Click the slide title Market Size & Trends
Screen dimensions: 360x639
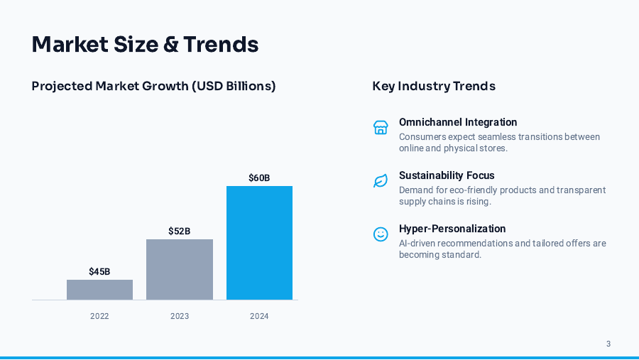point(145,44)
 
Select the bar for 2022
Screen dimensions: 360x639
point(99,290)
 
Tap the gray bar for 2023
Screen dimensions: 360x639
point(180,269)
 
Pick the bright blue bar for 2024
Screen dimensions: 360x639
point(259,243)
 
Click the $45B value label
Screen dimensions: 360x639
point(99,271)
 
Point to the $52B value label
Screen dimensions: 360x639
point(180,231)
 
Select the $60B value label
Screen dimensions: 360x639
point(259,178)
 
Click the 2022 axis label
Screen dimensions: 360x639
point(99,316)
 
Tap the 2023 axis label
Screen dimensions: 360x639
point(180,316)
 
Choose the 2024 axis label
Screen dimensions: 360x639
point(259,316)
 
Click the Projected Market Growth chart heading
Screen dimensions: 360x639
point(153,86)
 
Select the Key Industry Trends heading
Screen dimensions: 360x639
point(434,86)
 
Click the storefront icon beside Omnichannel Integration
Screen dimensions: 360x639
point(381,127)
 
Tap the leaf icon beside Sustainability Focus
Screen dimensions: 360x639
point(381,181)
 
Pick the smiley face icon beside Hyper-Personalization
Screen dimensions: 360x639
point(381,234)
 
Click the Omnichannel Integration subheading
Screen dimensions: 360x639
point(458,122)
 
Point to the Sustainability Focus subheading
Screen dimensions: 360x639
point(447,175)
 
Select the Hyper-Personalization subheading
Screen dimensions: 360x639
point(452,229)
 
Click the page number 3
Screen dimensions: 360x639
point(608,344)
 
